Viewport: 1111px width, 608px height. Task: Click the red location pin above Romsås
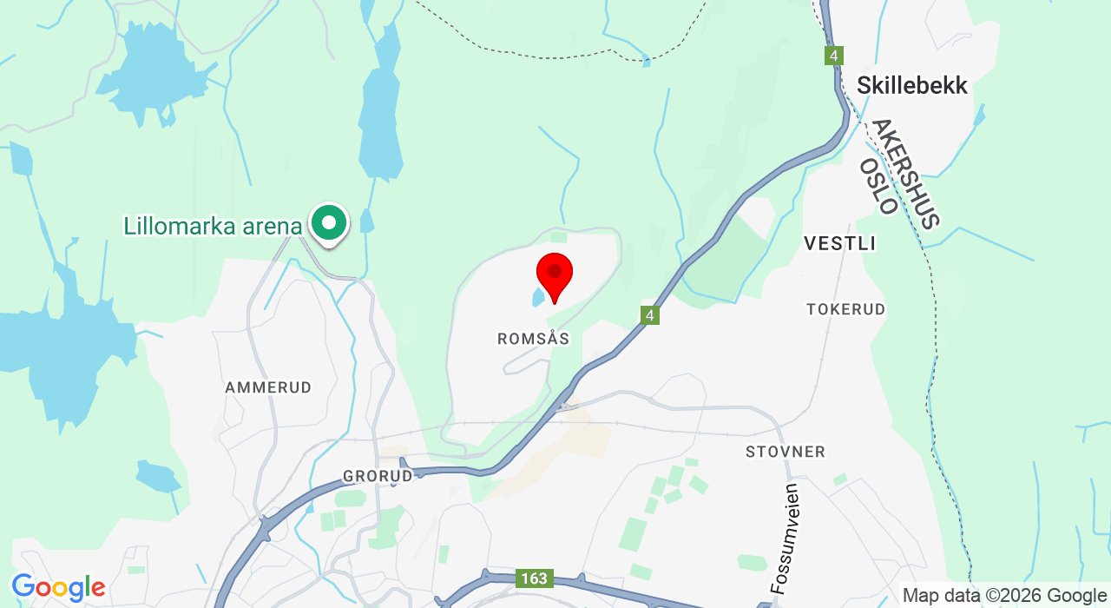[555, 274]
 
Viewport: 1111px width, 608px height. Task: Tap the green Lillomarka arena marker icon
[329, 223]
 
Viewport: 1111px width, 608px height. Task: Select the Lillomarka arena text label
[213, 227]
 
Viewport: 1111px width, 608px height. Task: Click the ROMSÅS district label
[534, 339]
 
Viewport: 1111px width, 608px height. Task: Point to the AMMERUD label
[268, 387]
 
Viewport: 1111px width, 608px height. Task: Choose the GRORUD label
[378, 476]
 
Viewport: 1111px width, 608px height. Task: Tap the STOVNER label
[786, 452]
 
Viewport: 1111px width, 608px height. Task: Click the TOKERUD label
[845, 309]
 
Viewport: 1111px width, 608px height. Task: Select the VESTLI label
[839, 243]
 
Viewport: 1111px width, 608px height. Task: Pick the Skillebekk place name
[911, 85]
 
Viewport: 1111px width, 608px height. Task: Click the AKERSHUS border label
[907, 174]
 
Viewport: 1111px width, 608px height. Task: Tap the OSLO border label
[878, 186]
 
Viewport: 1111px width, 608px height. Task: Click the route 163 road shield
[534, 578]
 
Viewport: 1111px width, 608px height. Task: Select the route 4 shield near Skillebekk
[833, 56]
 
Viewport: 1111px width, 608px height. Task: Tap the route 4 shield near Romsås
[650, 315]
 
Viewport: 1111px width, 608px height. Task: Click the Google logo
[58, 588]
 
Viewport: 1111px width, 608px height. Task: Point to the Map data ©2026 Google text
[1004, 596]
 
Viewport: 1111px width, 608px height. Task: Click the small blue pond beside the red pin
[539, 298]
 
